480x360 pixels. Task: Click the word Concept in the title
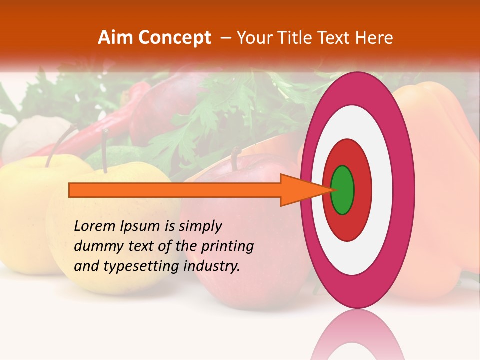coord(175,38)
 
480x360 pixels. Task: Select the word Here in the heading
coord(374,38)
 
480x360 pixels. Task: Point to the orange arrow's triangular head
coord(305,190)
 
